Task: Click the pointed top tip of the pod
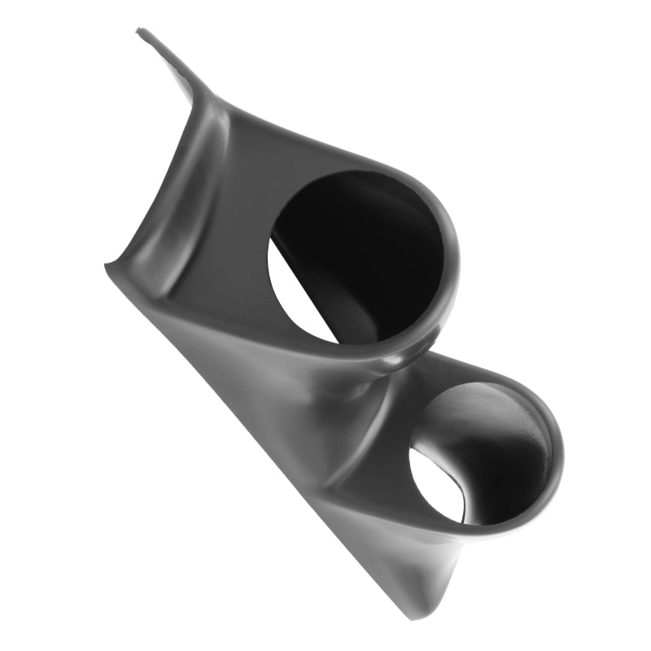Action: (x=140, y=33)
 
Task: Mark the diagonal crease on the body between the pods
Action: (x=325, y=423)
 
